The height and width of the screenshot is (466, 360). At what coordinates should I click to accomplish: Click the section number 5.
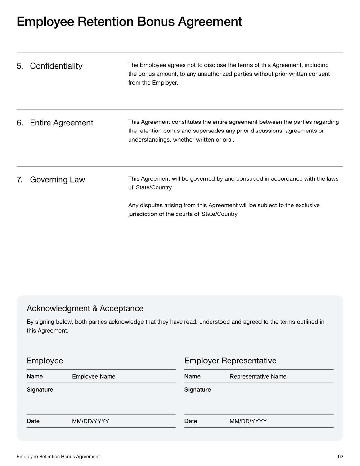pyautogui.click(x=20, y=66)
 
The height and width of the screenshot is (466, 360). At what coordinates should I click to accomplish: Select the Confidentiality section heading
pyautogui.click(x=56, y=66)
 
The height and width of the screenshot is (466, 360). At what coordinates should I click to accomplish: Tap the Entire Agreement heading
pyautogui.click(x=61, y=123)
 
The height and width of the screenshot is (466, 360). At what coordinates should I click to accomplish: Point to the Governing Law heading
pyautogui.click(x=57, y=180)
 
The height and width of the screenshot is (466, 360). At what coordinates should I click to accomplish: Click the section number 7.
pyautogui.click(x=20, y=180)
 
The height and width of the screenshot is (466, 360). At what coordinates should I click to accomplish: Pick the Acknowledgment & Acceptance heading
pyautogui.click(x=85, y=308)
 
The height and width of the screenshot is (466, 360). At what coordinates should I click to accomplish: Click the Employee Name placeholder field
pyautogui.click(x=94, y=377)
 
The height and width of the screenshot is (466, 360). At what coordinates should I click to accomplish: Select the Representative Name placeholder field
pyautogui.click(x=258, y=377)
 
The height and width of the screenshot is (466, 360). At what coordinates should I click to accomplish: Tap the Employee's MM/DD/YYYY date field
pyautogui.click(x=90, y=421)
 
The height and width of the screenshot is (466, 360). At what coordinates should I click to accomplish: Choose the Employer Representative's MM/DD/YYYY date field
pyautogui.click(x=248, y=421)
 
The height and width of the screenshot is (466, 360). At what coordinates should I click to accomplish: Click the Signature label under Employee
pyautogui.click(x=40, y=390)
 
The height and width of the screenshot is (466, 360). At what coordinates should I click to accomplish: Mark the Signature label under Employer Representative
pyautogui.click(x=198, y=390)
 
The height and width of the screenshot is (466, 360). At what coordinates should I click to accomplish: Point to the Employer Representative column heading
pyautogui.click(x=230, y=361)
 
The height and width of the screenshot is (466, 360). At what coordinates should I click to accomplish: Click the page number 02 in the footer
pyautogui.click(x=340, y=457)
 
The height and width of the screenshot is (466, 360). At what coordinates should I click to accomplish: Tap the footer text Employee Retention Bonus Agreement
pyautogui.click(x=58, y=457)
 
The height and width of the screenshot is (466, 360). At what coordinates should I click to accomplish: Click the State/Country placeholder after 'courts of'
pyautogui.click(x=220, y=214)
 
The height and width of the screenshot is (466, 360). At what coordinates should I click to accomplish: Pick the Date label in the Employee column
pyautogui.click(x=33, y=421)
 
